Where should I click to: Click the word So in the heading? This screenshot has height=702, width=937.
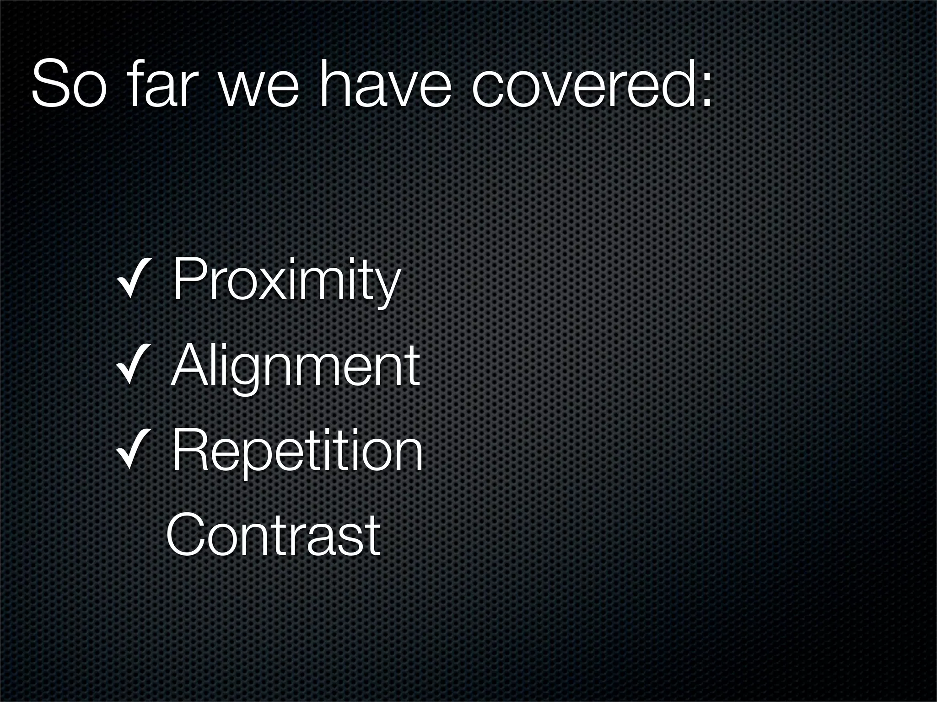pos(69,84)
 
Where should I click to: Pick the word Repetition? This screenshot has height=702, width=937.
pos(298,452)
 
